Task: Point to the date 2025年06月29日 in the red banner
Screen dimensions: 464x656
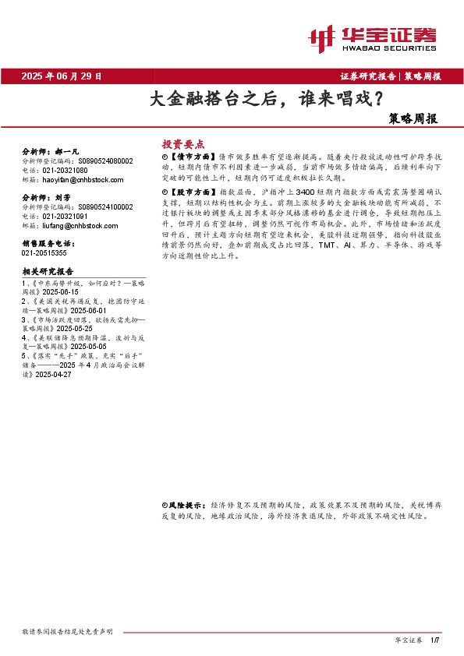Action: [x=62, y=76]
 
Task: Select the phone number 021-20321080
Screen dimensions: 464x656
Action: [x=65, y=170]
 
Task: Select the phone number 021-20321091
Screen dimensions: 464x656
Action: [x=65, y=217]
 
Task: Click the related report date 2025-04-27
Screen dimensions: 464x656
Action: [x=55, y=375]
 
